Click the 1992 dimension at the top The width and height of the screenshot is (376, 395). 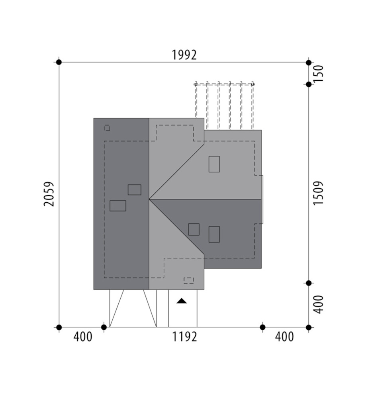[184, 55]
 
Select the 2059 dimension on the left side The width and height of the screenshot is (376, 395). [49, 194]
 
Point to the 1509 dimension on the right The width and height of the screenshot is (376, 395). [318, 193]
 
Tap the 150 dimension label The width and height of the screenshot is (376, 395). [318, 73]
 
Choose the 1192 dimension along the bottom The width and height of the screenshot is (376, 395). [184, 337]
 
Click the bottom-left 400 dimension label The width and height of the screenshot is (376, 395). [83, 337]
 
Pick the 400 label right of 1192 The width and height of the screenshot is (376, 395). [284, 337]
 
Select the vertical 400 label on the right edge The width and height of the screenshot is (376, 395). [318, 305]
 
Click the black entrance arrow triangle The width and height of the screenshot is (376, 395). [182, 301]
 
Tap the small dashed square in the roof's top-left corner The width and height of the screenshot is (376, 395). [107, 128]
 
